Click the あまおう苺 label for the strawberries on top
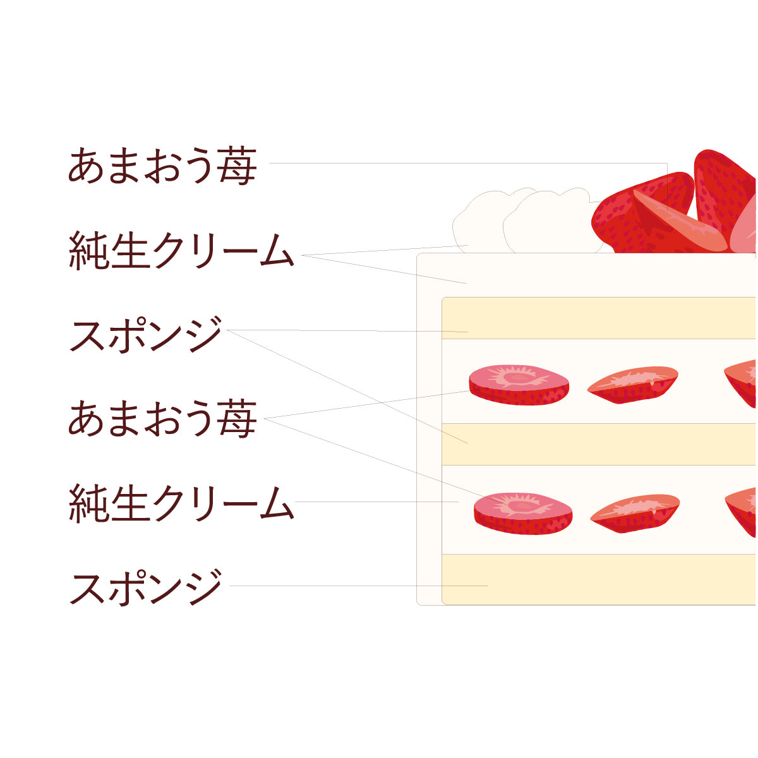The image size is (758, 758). coord(162,165)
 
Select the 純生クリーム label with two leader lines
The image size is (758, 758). coord(181,251)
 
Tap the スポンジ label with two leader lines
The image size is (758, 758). coord(146,334)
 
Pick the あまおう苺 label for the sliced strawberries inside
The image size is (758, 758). coord(162,418)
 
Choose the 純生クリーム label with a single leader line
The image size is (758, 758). coord(181,502)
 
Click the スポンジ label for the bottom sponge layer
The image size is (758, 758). coord(146,587)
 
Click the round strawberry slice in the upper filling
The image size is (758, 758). coord(519,384)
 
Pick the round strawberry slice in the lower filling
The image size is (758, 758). coord(523,513)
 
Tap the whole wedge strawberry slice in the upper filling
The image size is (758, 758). coord(633,384)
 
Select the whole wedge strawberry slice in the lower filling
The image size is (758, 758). coord(635,512)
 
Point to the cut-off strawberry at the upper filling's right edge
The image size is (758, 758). coord(742,382)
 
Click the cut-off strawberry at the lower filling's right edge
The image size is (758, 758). coord(742,510)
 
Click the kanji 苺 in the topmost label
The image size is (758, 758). coord(238,165)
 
